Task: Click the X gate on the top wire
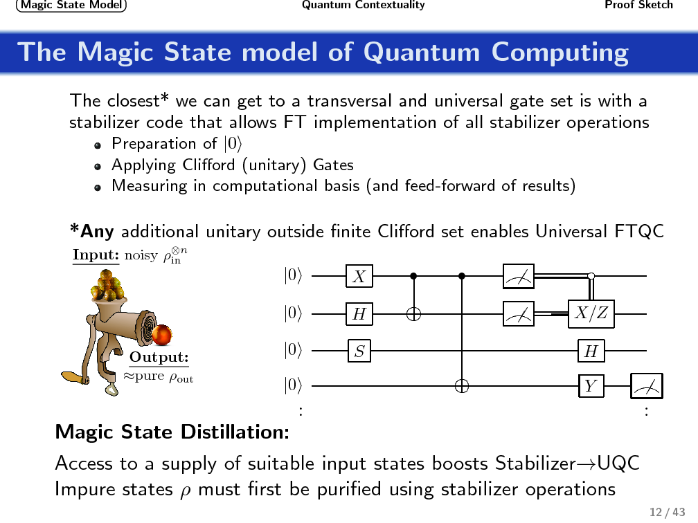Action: pyautogui.click(x=359, y=277)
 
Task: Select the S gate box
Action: pyautogui.click(x=359, y=351)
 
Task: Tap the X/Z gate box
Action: pyautogui.click(x=591, y=314)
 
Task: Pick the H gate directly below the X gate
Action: pyautogui.click(x=359, y=314)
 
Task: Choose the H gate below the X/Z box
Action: pyautogui.click(x=591, y=351)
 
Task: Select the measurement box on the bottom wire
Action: pyautogui.click(x=646, y=386)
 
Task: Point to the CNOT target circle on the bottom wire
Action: pyautogui.click(x=462, y=386)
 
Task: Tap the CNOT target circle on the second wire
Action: pyautogui.click(x=414, y=314)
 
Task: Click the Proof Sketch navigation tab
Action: pyautogui.click(x=638, y=6)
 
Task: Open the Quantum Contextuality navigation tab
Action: pyautogui.click(x=363, y=6)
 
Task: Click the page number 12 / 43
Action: pyautogui.click(x=662, y=512)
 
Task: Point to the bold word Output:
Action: pyautogui.click(x=159, y=357)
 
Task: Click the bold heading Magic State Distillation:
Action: pyautogui.click(x=172, y=432)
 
